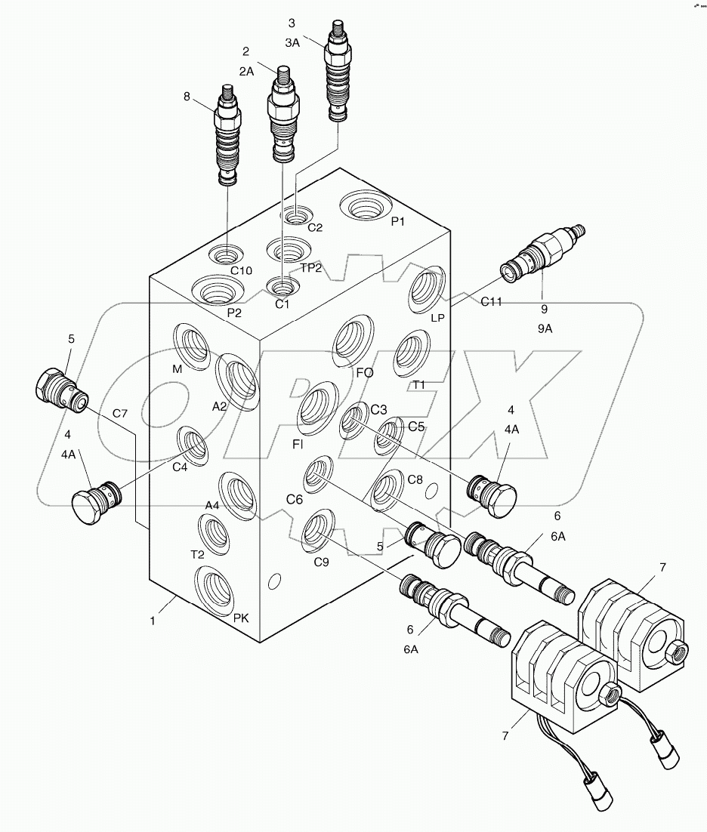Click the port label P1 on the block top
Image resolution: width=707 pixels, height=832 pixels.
tap(398, 222)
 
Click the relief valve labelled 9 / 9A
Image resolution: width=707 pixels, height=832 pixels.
tap(543, 248)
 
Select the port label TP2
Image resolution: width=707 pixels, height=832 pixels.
tap(312, 269)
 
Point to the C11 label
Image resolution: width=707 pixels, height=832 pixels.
tap(491, 301)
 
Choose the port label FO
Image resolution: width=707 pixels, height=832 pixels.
tap(365, 372)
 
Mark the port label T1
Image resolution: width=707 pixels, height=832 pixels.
tap(418, 385)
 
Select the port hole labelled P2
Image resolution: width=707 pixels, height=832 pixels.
tap(215, 289)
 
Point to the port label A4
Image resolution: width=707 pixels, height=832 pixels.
tap(212, 505)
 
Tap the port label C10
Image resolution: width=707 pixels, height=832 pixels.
tap(241, 270)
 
